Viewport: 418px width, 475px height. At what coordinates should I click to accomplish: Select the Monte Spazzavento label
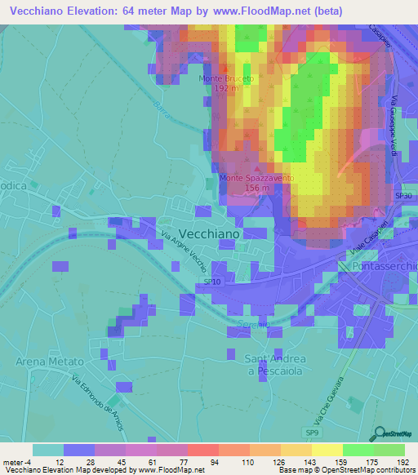point(256,177)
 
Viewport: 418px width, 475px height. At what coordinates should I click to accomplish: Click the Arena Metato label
point(51,361)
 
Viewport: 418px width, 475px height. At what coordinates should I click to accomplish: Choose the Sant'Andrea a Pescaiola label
point(275,364)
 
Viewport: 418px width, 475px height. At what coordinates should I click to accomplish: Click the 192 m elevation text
point(226,87)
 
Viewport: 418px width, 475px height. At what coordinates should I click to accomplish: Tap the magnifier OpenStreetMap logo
point(379,434)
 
